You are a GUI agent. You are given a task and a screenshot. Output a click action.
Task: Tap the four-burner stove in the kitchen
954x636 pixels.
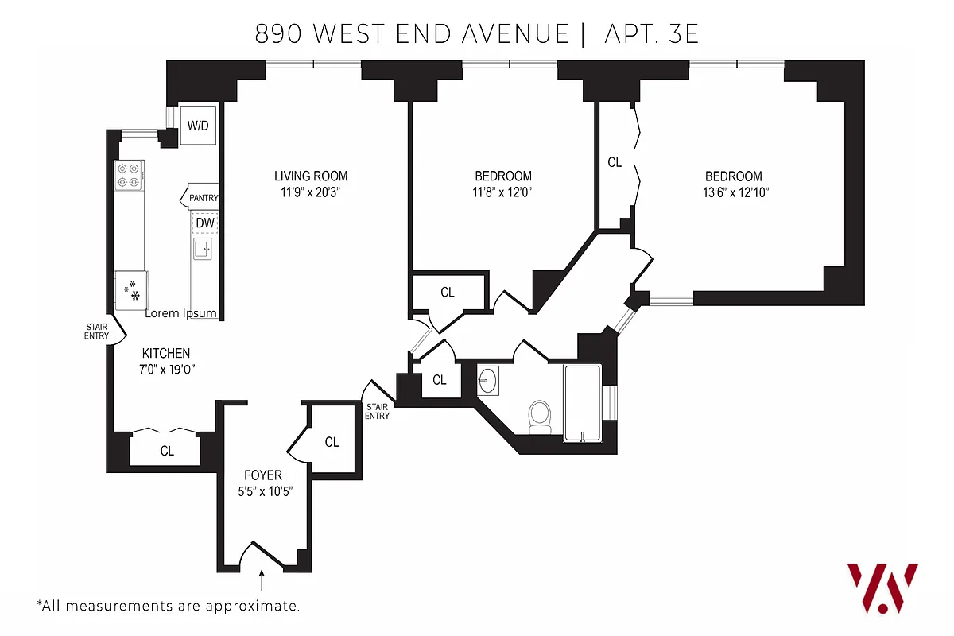tap(130, 176)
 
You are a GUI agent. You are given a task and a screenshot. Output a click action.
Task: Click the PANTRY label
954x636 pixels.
tap(204, 198)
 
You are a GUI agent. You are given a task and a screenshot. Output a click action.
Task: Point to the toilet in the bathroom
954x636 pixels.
tap(541, 416)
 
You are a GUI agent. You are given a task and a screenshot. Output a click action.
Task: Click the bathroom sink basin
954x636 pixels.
tap(487, 381)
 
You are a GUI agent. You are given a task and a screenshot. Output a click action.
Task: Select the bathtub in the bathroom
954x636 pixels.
tap(583, 401)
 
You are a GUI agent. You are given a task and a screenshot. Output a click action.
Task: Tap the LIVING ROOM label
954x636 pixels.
tap(311, 176)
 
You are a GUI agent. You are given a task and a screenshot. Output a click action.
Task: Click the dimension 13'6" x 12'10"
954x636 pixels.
tap(733, 192)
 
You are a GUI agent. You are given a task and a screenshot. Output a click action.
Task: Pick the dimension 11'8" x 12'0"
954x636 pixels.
tap(502, 192)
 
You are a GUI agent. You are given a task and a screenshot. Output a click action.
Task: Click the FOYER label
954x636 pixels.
tap(262, 475)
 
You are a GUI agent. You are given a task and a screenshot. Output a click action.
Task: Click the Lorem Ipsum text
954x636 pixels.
tap(180, 313)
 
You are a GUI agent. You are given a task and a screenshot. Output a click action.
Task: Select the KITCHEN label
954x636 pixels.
tap(165, 353)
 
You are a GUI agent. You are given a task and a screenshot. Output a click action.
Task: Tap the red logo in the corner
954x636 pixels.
tap(882, 588)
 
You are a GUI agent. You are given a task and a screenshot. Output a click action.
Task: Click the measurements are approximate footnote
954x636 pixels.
tap(169, 606)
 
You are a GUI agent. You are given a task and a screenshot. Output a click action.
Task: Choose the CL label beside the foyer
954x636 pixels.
tap(332, 442)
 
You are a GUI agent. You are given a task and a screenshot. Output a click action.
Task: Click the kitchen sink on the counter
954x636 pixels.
tap(202, 249)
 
